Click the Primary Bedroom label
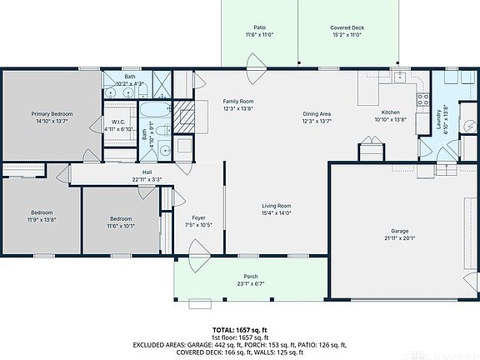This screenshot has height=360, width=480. coord(52,114)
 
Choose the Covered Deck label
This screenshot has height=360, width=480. coord(347,27)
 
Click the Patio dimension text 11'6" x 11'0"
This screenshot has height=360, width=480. coord(260,36)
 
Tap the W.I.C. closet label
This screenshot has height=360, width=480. coord(118,122)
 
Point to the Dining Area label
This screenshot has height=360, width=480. coord(317,113)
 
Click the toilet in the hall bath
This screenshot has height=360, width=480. coord(166,151)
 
